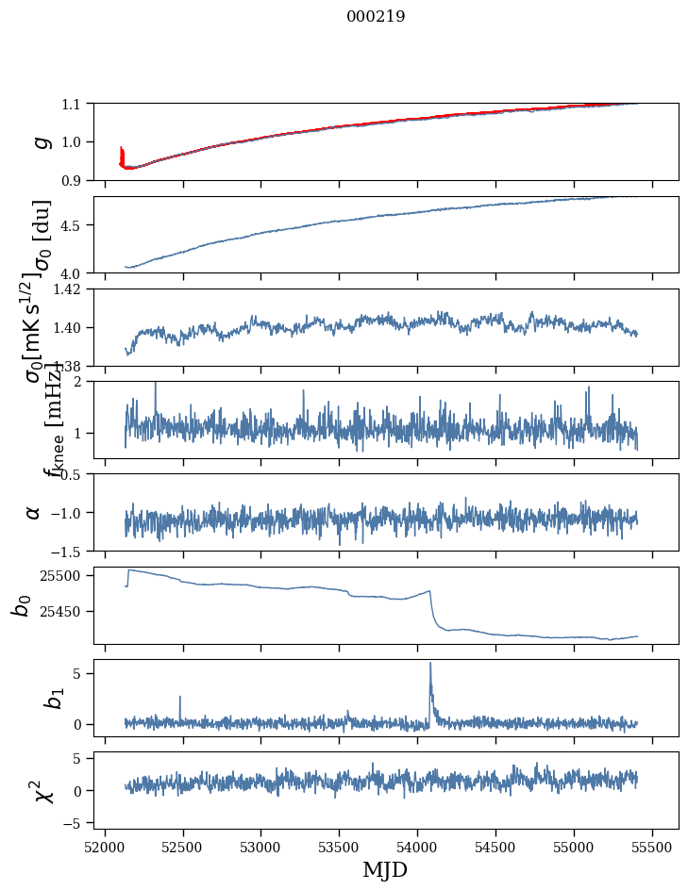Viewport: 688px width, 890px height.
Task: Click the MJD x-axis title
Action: pyautogui.click(x=385, y=869)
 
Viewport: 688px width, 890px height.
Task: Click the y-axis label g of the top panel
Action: pyautogui.click(x=41, y=141)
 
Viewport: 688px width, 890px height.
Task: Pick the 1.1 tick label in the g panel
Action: pyautogui.click(x=73, y=104)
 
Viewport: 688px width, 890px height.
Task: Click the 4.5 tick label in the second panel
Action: pyautogui.click(x=73, y=225)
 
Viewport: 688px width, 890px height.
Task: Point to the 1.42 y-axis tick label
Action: pyautogui.click(x=68, y=289)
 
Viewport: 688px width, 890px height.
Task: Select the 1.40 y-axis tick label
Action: pyautogui.click(x=68, y=327)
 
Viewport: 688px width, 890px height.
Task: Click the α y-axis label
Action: pyautogui.click(x=33, y=512)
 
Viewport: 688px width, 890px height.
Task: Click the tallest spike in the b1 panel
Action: pyautogui.click(x=430, y=664)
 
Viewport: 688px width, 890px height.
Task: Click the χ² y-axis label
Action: pyautogui.click(x=42, y=791)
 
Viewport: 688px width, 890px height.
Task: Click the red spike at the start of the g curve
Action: pyautogui.click(x=122, y=155)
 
